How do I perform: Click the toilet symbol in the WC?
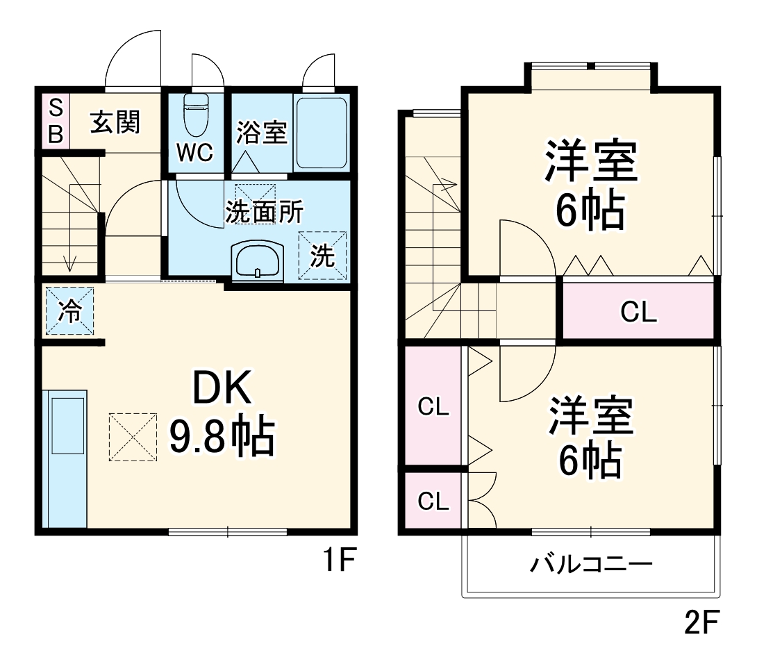click(x=196, y=115)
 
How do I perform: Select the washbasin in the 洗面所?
click(x=257, y=262)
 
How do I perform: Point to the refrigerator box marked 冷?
click(x=69, y=310)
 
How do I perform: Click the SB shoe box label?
click(x=56, y=120)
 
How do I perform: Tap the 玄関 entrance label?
click(x=115, y=122)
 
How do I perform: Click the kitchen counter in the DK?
click(x=65, y=458)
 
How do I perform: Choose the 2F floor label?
click(x=700, y=623)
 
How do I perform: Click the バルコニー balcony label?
click(x=591, y=564)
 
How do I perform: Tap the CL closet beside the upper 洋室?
click(x=638, y=313)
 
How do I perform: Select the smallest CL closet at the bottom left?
click(x=433, y=501)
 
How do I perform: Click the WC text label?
click(x=194, y=153)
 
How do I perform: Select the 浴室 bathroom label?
click(x=262, y=132)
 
